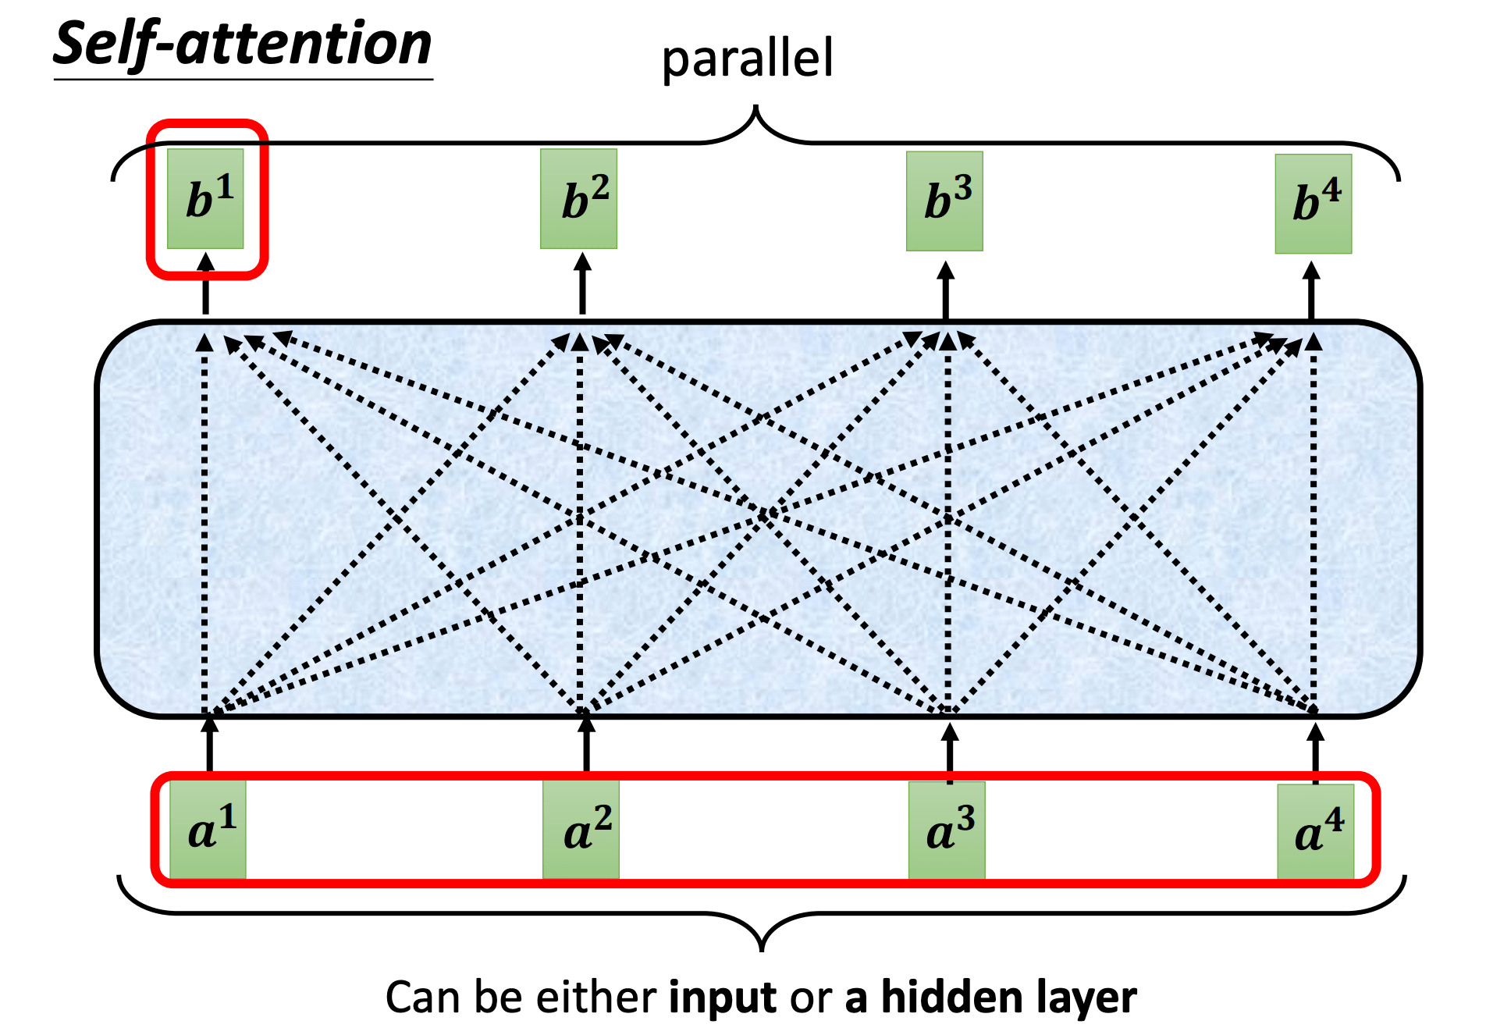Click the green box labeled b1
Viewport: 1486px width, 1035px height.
[x=205, y=199]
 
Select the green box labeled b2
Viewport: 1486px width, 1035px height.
[x=579, y=199]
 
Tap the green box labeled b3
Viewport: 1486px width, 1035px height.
[x=944, y=201]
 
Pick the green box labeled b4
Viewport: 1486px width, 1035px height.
[x=1314, y=204]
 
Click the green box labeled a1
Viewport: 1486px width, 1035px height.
[x=208, y=830]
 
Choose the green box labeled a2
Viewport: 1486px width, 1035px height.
[x=581, y=830]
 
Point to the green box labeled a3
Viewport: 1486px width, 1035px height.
[x=947, y=830]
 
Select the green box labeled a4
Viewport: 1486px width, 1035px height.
[x=1316, y=832]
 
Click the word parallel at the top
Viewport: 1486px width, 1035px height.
[x=748, y=59]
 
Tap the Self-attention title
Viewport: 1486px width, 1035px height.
[x=243, y=45]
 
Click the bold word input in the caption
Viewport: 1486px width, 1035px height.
[x=723, y=998]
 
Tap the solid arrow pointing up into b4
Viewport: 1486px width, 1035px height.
[x=1311, y=290]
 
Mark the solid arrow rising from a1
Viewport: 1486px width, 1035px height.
[x=209, y=744]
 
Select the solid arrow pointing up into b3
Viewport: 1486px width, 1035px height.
[x=946, y=290]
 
